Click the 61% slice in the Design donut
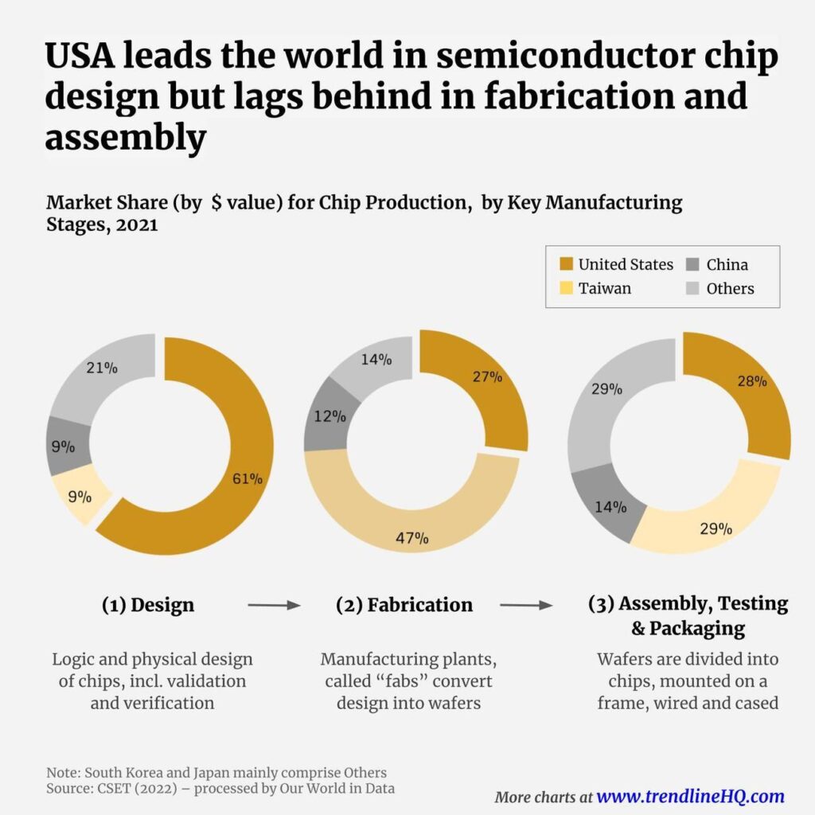(239, 478)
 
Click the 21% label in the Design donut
(101, 368)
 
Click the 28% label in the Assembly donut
(751, 381)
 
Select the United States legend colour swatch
(566, 265)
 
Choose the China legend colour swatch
(693, 265)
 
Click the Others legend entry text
(730, 288)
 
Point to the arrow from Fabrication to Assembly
(526, 606)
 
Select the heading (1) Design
(147, 605)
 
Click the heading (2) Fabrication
(404, 605)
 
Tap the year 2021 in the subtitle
(136, 224)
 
